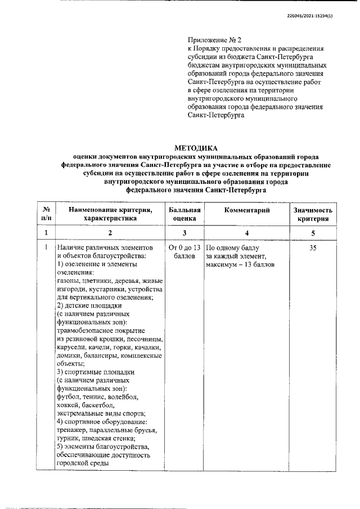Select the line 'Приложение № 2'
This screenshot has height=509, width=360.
click(214, 40)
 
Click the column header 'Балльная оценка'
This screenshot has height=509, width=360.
click(184, 214)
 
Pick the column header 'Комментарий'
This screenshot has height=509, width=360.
click(247, 210)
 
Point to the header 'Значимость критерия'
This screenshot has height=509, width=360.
click(313, 214)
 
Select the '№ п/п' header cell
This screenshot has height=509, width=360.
click(46, 214)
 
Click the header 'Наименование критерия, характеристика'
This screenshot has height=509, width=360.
click(110, 214)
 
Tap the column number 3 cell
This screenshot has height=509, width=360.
click(184, 232)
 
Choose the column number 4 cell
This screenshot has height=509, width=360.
click(247, 232)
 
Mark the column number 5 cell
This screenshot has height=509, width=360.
click(313, 232)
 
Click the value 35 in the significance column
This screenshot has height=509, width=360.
click(313, 247)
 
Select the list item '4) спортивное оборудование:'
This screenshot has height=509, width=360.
click(102, 422)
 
